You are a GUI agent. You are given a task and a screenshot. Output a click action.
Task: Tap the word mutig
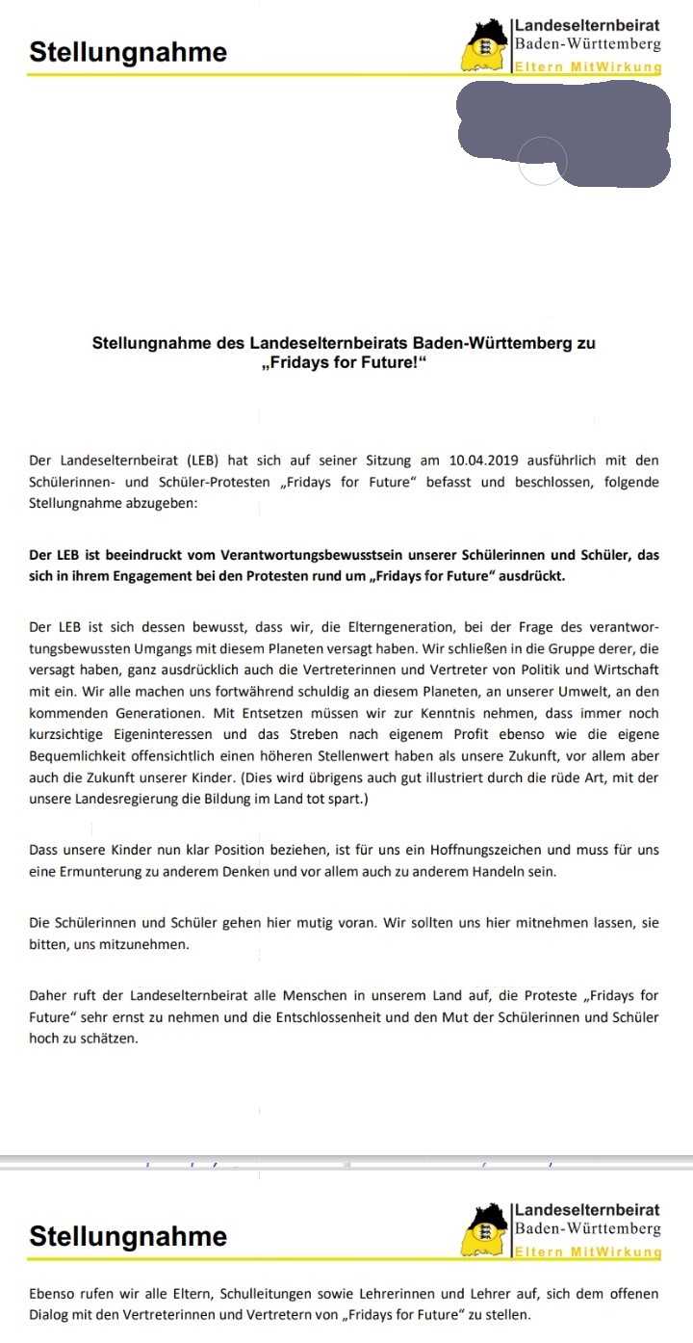(x=292, y=922)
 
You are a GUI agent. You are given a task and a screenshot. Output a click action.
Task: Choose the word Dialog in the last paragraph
(x=52, y=1314)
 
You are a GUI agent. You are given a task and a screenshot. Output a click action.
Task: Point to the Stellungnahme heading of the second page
(x=128, y=1236)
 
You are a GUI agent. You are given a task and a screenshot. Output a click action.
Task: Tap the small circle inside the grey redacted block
(x=542, y=160)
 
